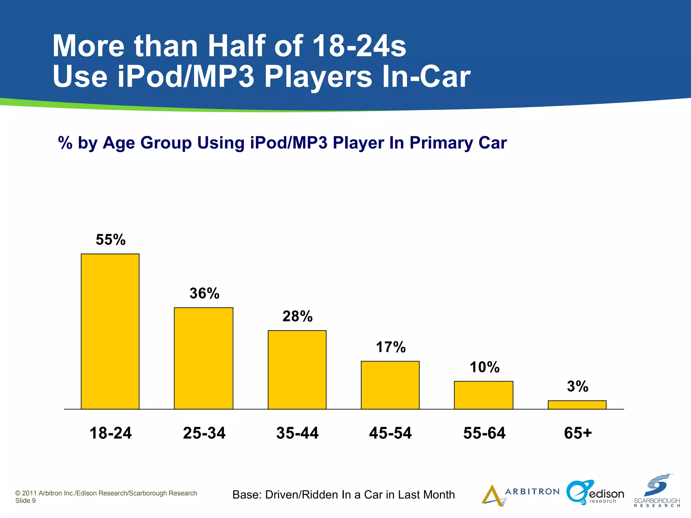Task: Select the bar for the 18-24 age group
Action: pos(110,331)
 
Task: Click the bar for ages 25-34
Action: pos(203,358)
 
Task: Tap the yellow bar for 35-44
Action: pos(297,370)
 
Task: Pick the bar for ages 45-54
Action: pos(390,385)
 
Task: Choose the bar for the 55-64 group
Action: pos(483,395)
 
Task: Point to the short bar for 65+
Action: pos(577,405)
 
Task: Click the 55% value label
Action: pos(111,240)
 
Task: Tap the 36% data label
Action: pos(204,293)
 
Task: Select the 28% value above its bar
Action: pos(298,316)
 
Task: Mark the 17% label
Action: pos(391,347)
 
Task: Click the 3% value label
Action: pos(578,386)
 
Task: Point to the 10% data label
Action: pos(485,367)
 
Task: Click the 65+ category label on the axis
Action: pos(578,433)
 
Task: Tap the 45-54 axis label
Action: pos(390,433)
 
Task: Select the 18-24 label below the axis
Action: pos(111,433)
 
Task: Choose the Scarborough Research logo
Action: pos(657,491)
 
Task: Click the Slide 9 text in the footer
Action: pos(25,501)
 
